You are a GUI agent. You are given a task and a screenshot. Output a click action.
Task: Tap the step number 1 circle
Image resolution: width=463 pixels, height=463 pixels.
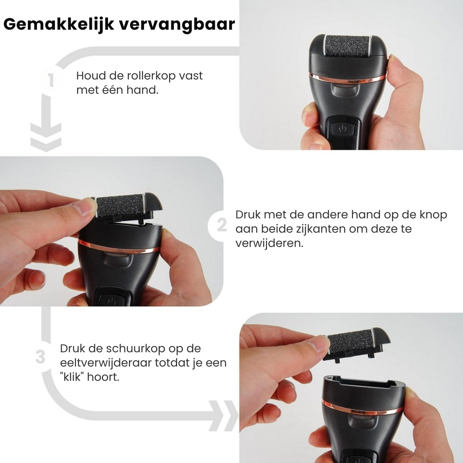click(51, 81)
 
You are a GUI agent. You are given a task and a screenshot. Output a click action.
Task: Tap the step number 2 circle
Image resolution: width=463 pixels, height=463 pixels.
click(221, 225)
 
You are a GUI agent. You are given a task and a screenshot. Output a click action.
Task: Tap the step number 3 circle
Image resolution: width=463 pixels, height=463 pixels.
click(40, 357)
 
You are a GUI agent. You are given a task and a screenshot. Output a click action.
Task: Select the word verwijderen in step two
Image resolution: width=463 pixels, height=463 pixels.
click(269, 243)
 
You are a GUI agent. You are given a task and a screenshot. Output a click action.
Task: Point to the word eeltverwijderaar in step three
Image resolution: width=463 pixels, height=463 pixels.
click(105, 363)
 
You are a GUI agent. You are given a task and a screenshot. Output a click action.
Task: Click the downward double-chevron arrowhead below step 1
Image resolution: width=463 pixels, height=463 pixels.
click(46, 137)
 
